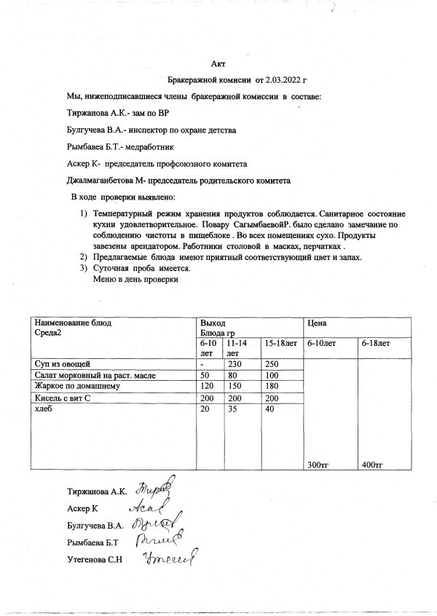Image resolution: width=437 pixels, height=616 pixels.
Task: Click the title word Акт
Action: tap(218, 65)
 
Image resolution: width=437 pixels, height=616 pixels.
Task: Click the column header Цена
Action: tap(316, 322)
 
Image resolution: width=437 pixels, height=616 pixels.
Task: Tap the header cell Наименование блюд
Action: tap(73, 322)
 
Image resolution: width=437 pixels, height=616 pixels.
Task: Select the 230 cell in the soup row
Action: tap(233, 363)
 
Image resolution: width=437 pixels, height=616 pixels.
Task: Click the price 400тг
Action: tap(372, 465)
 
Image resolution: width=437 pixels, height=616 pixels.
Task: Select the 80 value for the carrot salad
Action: tap(231, 374)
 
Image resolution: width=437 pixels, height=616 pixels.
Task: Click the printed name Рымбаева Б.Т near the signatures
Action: tap(92, 541)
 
